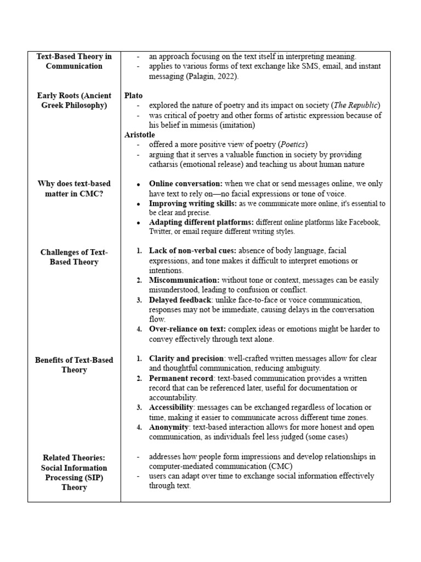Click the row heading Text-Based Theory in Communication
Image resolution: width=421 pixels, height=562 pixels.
coord(74,61)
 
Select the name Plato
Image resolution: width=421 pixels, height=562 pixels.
coord(133,95)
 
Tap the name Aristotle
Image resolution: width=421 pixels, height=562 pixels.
coord(140,134)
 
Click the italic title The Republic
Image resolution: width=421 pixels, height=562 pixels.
coord(356,105)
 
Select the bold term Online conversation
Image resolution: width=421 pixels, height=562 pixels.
coord(185,184)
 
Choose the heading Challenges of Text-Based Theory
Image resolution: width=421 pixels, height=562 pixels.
coord(74,257)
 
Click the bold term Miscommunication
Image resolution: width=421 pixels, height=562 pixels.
coord(184,280)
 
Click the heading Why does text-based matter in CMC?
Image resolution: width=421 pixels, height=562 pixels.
coord(74,188)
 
